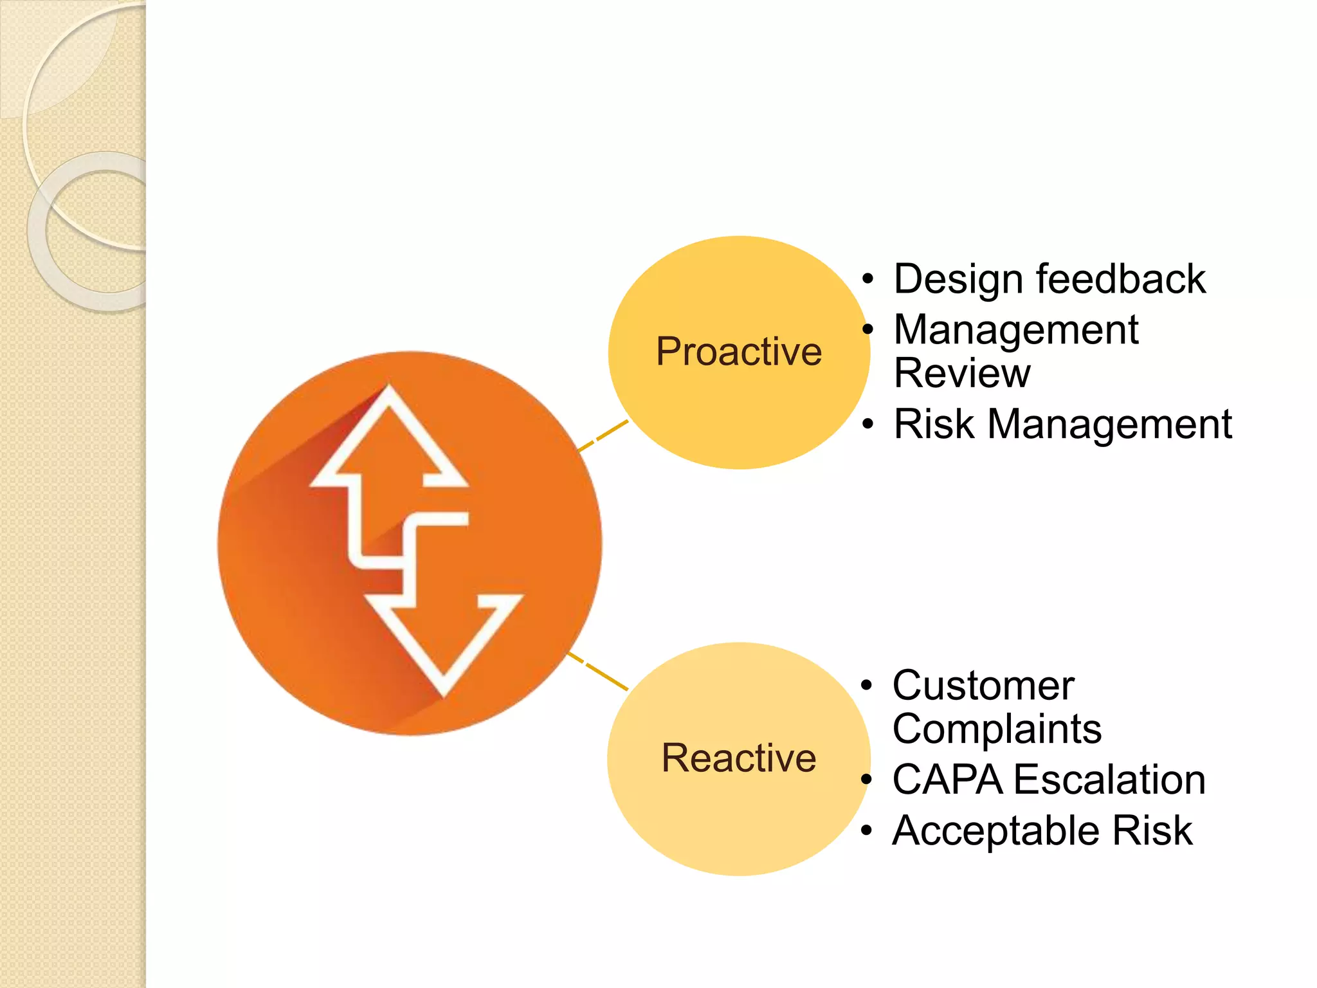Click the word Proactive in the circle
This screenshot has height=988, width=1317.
(738, 352)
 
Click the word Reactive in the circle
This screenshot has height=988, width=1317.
(738, 758)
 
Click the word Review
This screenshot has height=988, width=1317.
(961, 373)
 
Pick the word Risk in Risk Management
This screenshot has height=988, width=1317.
(933, 424)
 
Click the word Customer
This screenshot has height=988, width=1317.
(983, 685)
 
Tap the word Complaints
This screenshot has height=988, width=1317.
(996, 729)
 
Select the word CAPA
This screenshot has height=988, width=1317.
(947, 780)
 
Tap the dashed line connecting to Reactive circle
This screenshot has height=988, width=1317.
(598, 672)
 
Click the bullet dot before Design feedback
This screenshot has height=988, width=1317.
(867, 280)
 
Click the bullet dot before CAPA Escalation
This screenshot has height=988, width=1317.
(866, 780)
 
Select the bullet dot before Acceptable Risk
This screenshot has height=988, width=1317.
(866, 831)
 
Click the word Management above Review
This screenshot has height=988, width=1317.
(1015, 330)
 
